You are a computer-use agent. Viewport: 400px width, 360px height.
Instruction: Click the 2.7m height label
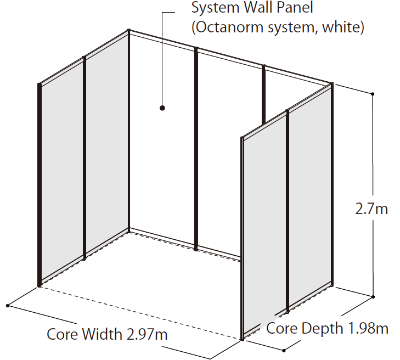click(371, 209)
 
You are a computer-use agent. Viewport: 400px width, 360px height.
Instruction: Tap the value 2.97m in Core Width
click(147, 334)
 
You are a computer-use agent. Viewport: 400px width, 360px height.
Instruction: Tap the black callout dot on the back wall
click(162, 108)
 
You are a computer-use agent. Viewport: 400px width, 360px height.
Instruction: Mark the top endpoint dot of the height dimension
click(373, 94)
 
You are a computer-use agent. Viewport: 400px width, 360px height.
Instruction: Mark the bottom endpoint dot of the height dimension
click(373, 297)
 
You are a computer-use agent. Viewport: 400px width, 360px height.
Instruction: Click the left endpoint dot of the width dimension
click(8, 306)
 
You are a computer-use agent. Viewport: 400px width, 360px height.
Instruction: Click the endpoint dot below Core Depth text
click(284, 351)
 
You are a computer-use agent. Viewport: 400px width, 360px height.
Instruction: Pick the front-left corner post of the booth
click(40, 185)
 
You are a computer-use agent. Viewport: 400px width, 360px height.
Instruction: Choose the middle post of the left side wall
click(84, 157)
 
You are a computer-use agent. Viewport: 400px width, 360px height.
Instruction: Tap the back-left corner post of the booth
click(129, 131)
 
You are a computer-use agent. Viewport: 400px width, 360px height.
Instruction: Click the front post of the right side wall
click(243, 239)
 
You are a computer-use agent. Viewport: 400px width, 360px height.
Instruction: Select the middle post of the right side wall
click(288, 211)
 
